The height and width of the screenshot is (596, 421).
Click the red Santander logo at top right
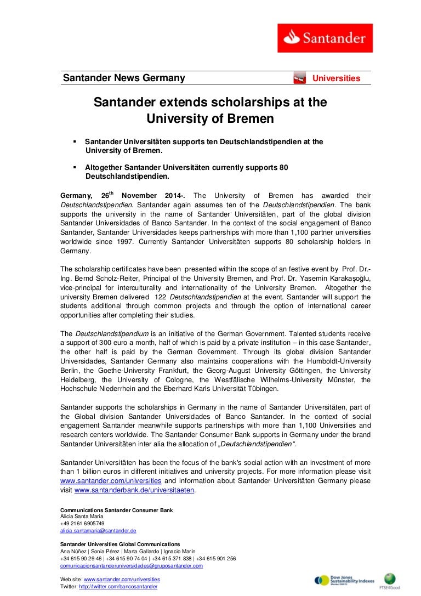point(325,38)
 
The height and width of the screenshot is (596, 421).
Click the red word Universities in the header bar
point(336,78)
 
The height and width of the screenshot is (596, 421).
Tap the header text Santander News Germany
point(124,78)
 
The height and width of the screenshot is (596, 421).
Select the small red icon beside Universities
point(299,78)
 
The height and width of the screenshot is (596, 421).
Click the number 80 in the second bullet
point(283,167)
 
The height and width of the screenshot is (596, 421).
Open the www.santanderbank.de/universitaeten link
point(134,490)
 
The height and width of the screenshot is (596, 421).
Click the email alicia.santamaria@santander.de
point(98,531)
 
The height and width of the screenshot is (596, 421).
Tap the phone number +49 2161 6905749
point(82,524)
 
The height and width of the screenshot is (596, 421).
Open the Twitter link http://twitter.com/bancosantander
point(118,587)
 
